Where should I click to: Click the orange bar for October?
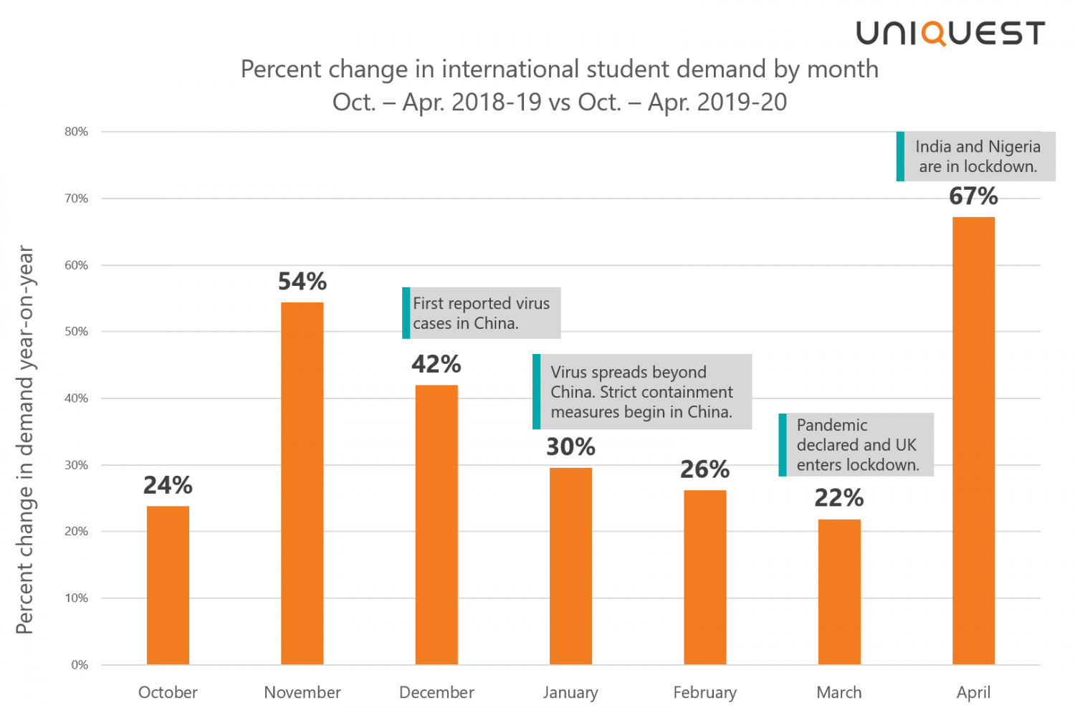point(168,585)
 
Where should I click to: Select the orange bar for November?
point(302,483)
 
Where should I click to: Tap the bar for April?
point(973,440)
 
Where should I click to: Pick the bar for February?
point(704,577)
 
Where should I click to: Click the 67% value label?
point(973,196)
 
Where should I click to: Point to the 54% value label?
point(302,282)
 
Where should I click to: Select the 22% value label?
point(838,498)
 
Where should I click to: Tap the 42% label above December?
point(436,364)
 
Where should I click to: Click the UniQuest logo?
point(950,33)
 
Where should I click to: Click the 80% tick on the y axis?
point(76,132)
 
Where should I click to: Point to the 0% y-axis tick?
point(80,665)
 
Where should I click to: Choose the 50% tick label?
point(76,332)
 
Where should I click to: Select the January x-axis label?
point(570,692)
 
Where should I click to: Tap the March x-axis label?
point(838,692)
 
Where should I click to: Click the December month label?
point(436,692)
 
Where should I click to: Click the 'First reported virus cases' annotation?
point(482,313)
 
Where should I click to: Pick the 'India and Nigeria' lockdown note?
point(977,156)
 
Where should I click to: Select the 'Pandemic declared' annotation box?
point(857,445)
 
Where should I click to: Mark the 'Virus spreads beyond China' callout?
point(643,392)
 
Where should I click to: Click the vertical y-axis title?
point(24,439)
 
